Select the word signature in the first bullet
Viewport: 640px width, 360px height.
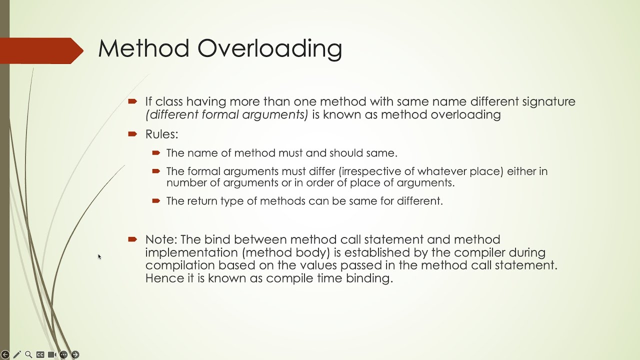click(x=548, y=102)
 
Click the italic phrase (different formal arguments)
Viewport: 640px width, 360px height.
click(x=226, y=115)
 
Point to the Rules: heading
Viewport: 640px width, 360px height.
click(x=161, y=134)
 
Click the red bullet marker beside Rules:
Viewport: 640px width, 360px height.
click(x=132, y=134)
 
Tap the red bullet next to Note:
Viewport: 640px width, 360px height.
click(x=132, y=239)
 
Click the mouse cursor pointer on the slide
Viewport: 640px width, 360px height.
click(x=99, y=256)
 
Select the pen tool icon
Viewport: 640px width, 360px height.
click(x=17, y=354)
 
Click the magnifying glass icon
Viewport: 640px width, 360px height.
click(x=28, y=354)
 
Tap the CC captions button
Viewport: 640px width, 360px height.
click(x=40, y=354)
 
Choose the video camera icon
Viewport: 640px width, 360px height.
click(x=51, y=354)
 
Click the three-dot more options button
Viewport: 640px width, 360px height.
click(x=63, y=354)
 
